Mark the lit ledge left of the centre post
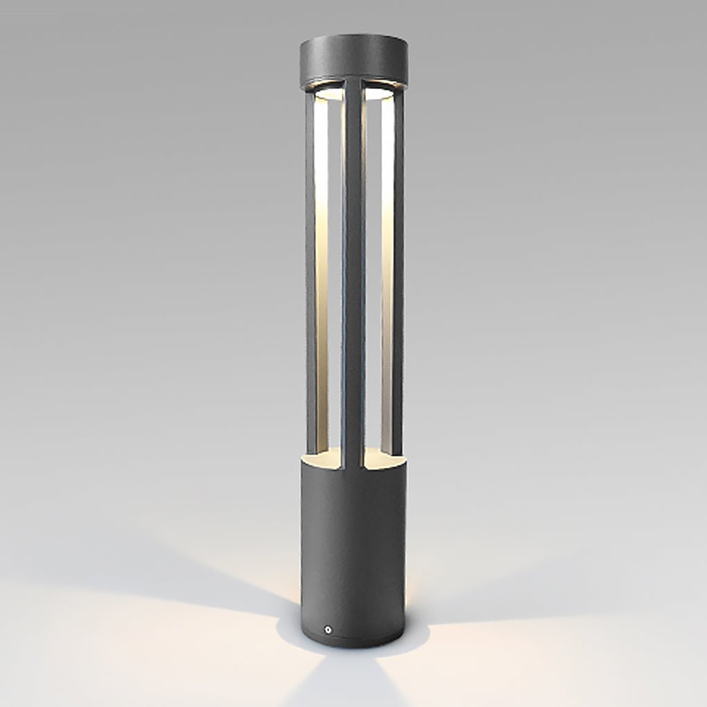coord(325,456)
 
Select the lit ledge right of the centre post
coord(382,456)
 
